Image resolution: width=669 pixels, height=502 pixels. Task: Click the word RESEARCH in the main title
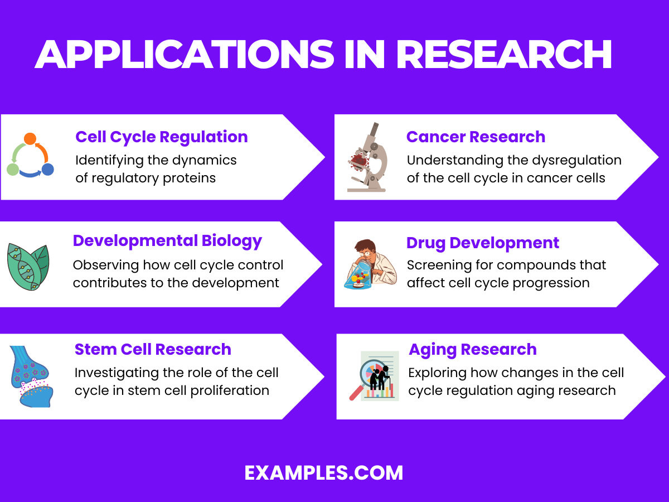point(504,55)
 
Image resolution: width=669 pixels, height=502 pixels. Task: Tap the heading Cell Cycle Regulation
point(162,137)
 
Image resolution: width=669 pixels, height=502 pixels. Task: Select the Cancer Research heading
point(476,137)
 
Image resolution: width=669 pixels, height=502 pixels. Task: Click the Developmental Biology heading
point(167,240)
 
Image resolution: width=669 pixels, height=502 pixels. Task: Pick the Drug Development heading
point(483,243)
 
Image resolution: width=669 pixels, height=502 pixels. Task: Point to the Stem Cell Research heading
point(153,349)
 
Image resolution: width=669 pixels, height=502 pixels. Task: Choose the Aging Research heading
point(473,349)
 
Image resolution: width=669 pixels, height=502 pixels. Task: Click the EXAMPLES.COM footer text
point(323,473)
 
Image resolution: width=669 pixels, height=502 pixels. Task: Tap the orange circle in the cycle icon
point(30,139)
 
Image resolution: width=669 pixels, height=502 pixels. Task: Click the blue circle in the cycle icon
point(48,169)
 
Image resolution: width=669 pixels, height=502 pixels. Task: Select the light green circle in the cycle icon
point(13,169)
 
